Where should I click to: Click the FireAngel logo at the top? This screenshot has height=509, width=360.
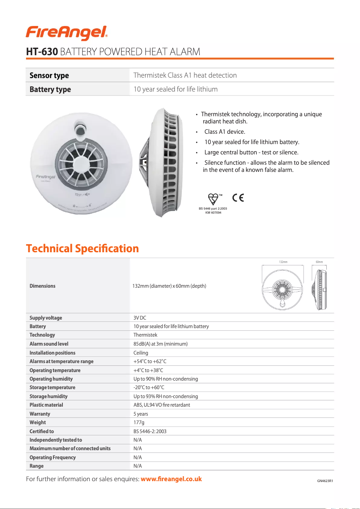[x=66, y=31]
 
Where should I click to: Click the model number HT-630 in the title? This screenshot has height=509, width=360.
[x=42, y=52]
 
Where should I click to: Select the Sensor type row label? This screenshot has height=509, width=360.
[x=49, y=75]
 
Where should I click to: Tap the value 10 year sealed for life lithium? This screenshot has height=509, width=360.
[x=176, y=89]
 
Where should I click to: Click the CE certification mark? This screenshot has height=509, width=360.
[x=238, y=197]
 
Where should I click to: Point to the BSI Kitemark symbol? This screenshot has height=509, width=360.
[x=214, y=198]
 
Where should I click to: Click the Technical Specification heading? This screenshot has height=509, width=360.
[x=82, y=248]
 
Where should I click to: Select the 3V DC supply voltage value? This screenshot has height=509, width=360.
[x=140, y=318]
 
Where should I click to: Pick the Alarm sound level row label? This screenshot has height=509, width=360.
[x=49, y=344]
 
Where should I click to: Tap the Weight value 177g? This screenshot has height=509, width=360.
[x=139, y=422]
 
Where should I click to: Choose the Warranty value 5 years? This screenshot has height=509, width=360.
[x=140, y=414]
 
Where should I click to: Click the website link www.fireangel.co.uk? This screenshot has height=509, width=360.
[x=171, y=479]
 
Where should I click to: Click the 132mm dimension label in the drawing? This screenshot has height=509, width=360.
[x=283, y=262]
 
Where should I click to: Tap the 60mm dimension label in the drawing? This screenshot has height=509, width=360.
[x=319, y=262]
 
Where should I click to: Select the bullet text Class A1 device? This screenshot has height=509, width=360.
[x=224, y=132]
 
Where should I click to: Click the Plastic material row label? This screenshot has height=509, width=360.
[x=46, y=405]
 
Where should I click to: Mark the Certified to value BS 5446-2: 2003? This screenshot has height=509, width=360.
[x=150, y=431]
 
